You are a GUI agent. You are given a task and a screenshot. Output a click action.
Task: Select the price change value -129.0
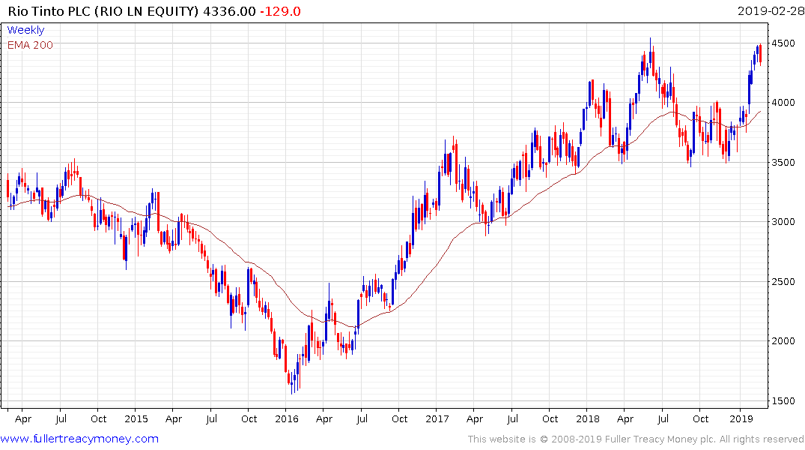point(276,12)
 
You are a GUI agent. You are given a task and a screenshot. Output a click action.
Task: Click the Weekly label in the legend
point(25,30)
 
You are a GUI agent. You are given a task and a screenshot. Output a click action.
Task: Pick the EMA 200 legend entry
point(30,45)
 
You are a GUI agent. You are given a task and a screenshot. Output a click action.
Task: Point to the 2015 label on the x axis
point(136,418)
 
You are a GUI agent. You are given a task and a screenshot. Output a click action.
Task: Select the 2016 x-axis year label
point(286,418)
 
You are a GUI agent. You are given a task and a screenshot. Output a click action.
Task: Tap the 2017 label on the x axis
point(437,418)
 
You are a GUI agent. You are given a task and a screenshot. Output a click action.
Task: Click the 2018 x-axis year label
point(588,418)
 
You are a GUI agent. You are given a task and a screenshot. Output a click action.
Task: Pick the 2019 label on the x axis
point(740,418)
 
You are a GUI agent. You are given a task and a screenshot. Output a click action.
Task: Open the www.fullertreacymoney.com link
point(79,439)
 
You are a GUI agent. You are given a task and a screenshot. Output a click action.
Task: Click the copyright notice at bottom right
point(636,439)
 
